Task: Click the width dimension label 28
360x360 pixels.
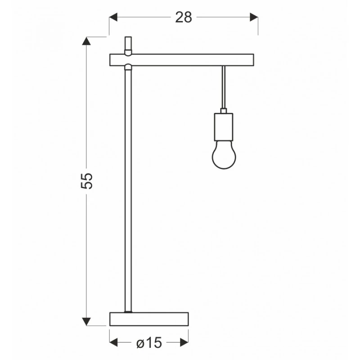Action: click(x=184, y=17)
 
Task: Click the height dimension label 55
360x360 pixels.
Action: click(x=87, y=181)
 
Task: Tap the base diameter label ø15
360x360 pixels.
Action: click(x=149, y=343)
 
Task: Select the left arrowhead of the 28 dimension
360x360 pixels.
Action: click(x=113, y=17)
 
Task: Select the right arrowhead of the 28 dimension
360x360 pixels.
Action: click(x=254, y=17)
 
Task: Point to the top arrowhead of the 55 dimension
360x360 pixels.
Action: click(x=86, y=40)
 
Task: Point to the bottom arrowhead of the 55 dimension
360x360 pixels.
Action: click(x=86, y=322)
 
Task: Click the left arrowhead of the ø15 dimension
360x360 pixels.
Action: click(x=113, y=342)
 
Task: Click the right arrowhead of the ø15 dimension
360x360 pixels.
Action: click(x=184, y=342)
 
